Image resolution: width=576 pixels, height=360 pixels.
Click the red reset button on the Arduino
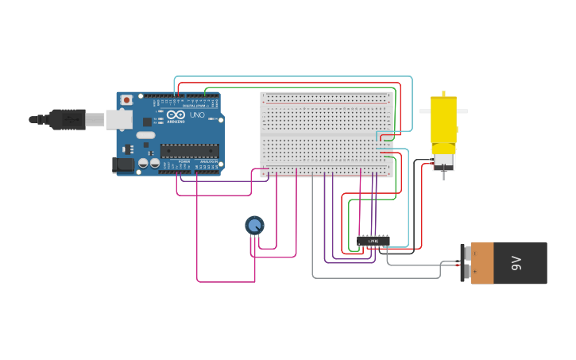click(126, 100)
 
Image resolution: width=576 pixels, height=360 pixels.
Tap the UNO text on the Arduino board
click(196, 115)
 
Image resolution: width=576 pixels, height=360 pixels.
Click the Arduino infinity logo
click(176, 115)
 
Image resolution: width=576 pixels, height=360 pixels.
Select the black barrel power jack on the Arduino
click(122, 165)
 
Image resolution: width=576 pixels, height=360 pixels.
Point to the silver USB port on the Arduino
click(118, 119)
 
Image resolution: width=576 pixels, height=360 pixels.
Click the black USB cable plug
click(67, 119)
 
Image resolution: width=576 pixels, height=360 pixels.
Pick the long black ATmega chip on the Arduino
click(189, 150)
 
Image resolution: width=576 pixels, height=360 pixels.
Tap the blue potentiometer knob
click(254, 226)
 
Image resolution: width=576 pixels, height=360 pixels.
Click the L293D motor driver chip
click(373, 240)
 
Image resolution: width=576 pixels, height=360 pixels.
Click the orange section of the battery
click(482, 263)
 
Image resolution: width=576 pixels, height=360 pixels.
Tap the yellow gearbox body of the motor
click(443, 119)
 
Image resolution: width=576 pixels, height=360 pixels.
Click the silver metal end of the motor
click(443, 162)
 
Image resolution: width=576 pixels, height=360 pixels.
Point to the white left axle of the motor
click(424, 111)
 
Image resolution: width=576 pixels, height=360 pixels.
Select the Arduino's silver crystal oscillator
click(145, 135)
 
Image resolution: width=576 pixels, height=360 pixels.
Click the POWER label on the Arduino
click(184, 161)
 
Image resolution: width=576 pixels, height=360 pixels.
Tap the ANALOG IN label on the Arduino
click(207, 161)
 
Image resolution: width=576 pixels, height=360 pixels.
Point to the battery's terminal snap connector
click(466, 263)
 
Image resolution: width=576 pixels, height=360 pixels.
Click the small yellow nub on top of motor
click(443, 94)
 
